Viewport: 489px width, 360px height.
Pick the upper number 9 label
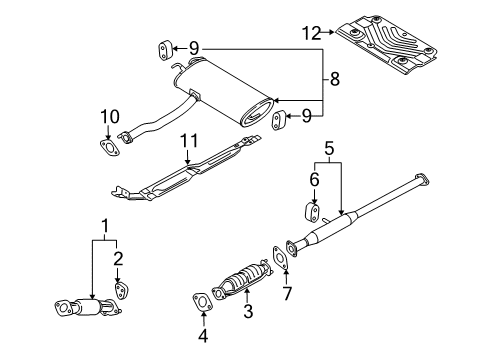[195, 47]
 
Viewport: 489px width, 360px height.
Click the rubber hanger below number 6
[312, 213]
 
